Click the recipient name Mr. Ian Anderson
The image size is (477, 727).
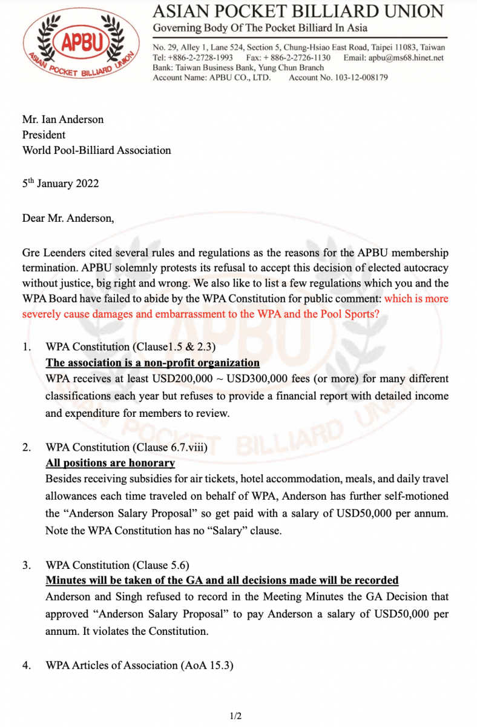(x=63, y=119)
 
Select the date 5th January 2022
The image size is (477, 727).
(x=61, y=183)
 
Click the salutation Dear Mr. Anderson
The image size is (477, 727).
(x=68, y=218)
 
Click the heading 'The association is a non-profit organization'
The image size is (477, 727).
(x=153, y=363)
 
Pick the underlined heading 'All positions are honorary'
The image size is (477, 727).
(x=110, y=463)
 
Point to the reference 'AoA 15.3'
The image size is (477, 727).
(x=206, y=665)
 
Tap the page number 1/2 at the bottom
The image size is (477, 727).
(x=236, y=717)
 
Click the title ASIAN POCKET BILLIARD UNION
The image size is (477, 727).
(x=298, y=11)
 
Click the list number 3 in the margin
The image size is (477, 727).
(x=26, y=565)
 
